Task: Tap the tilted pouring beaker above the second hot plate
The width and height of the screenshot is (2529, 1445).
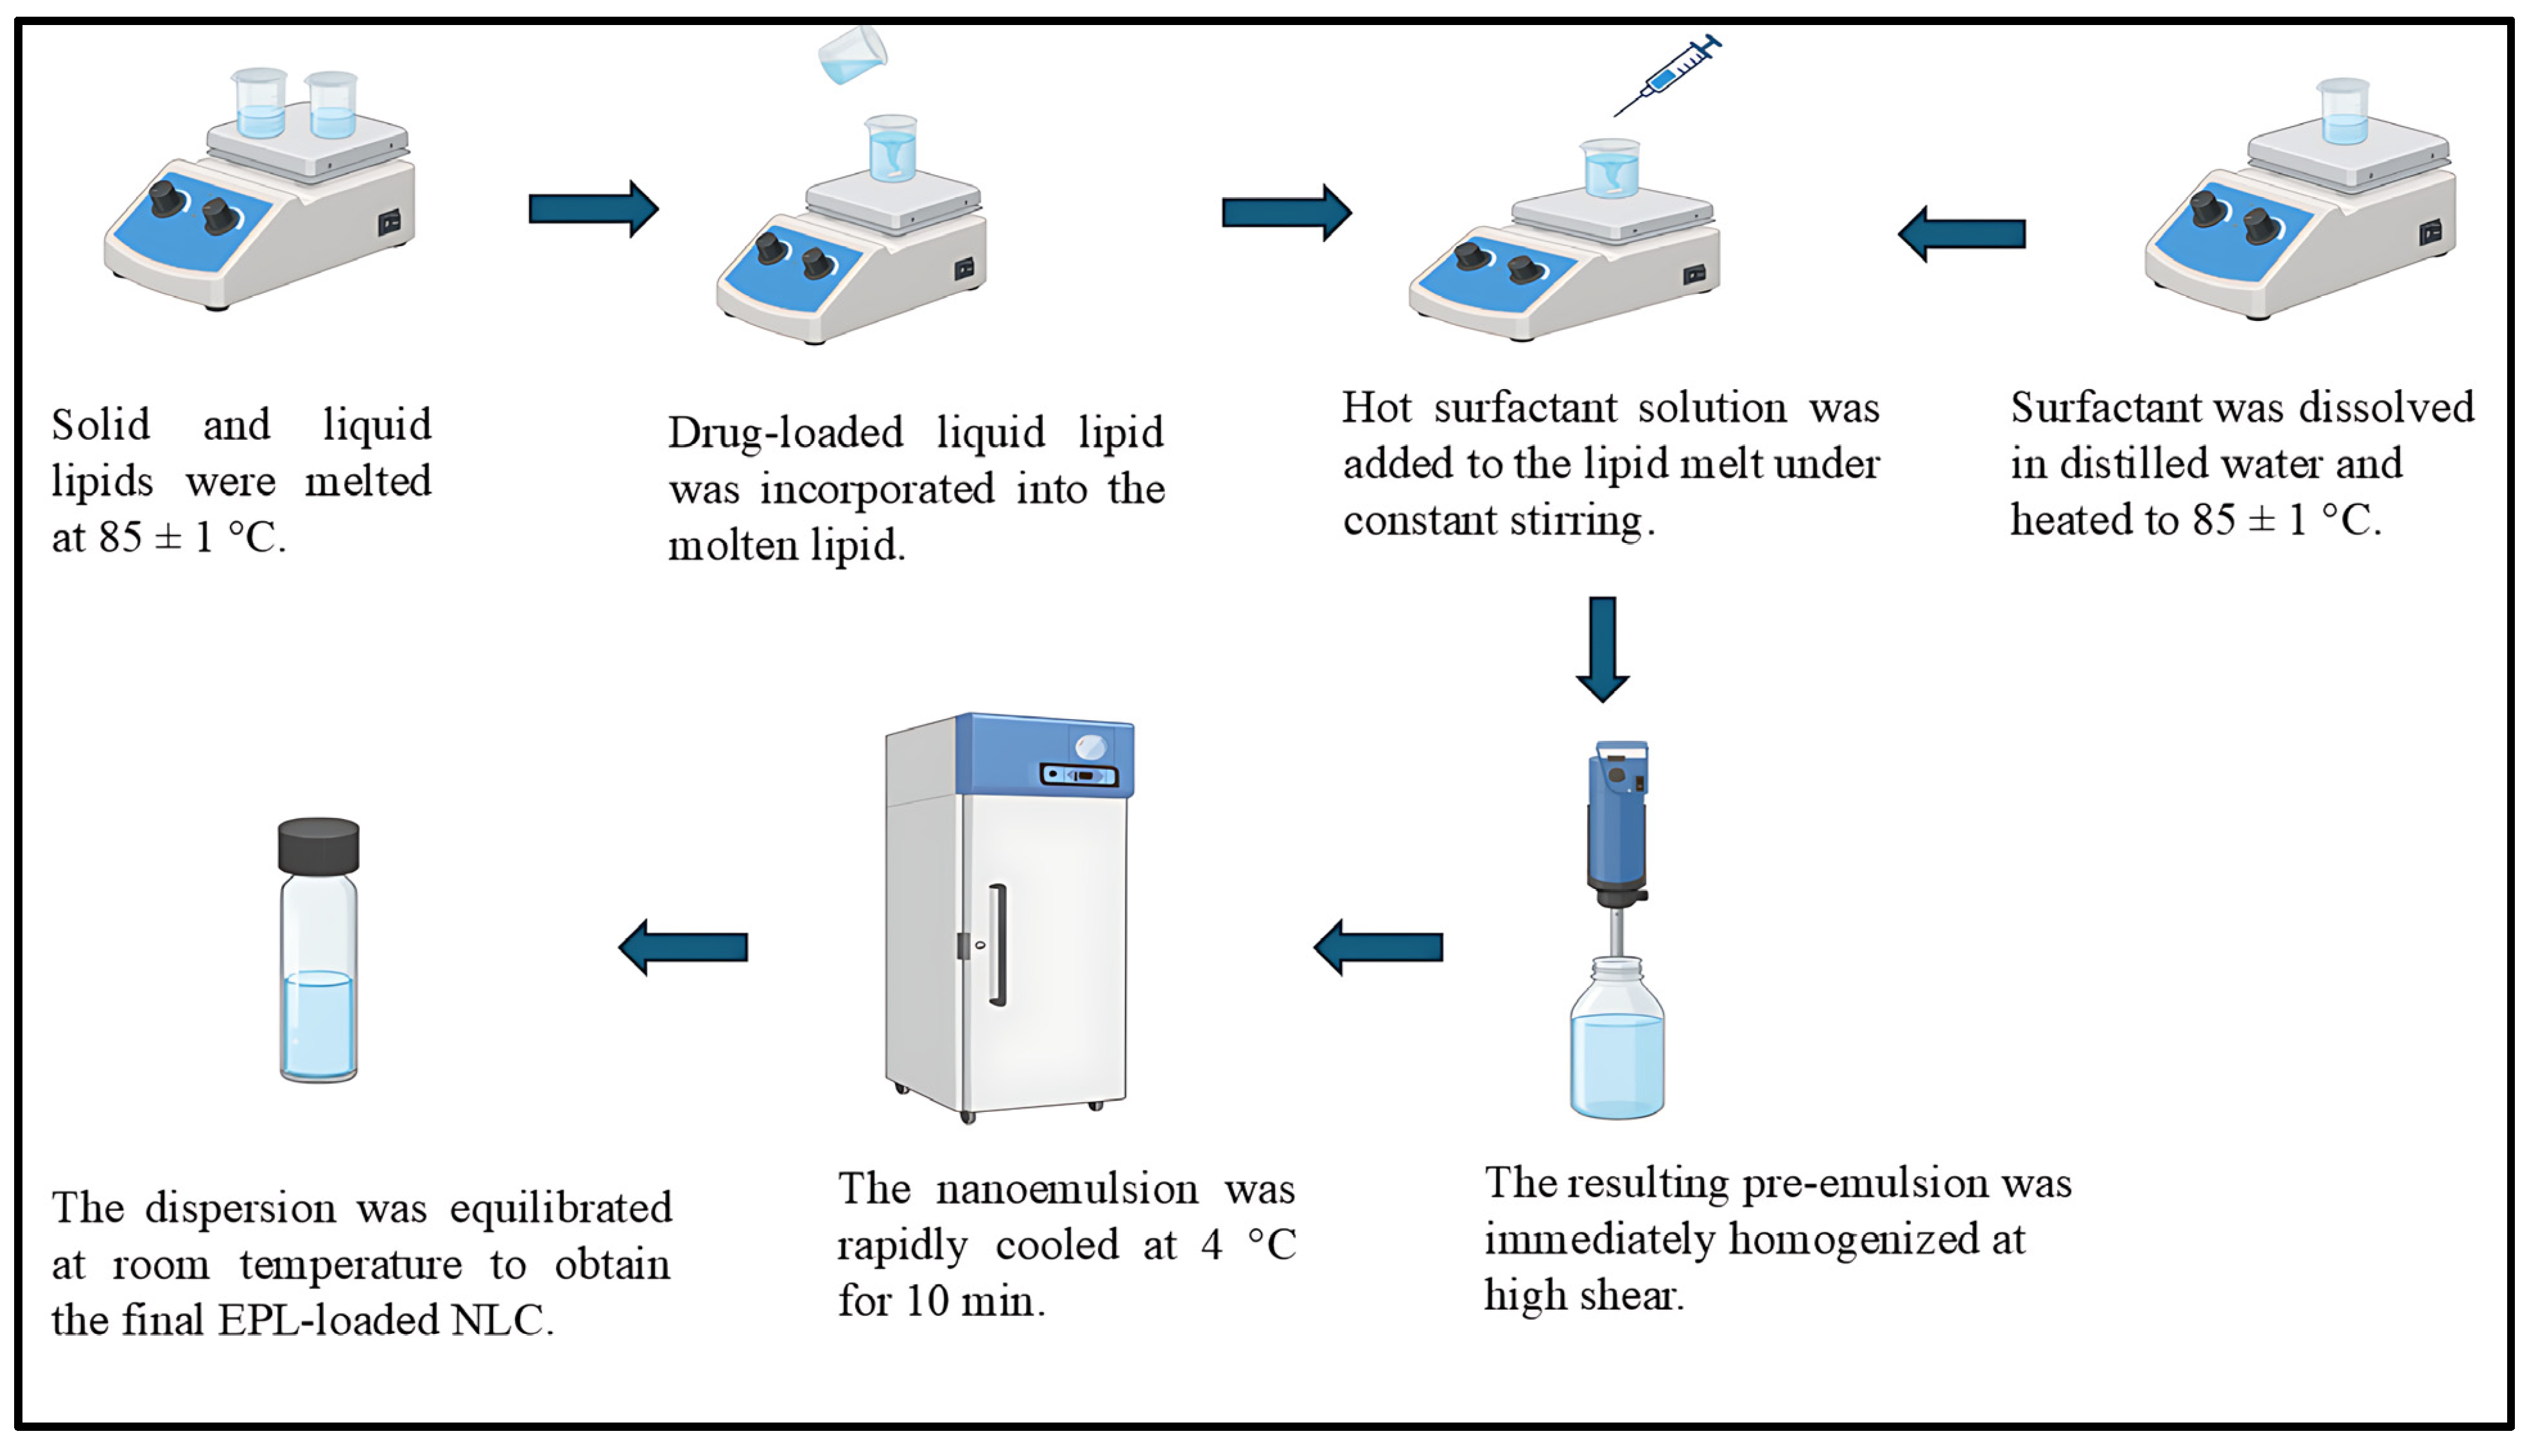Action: click(x=851, y=55)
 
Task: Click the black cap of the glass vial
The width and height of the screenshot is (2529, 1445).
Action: click(x=318, y=845)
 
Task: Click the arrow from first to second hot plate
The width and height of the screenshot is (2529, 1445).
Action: click(x=593, y=209)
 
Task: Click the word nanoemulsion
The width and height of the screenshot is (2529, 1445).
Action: click(x=1067, y=1189)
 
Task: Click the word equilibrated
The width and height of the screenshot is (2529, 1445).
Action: click(x=561, y=1209)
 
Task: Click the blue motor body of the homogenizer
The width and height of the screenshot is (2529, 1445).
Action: click(x=1616, y=824)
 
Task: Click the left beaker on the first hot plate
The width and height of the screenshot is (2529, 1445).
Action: click(x=260, y=104)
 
